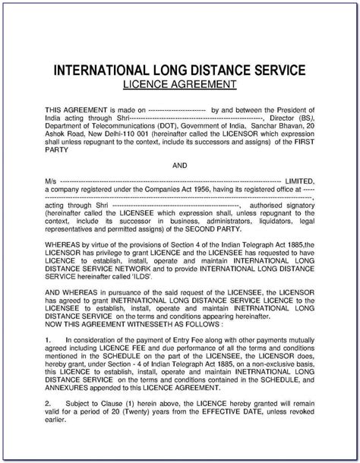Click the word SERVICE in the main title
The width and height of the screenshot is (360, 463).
(272, 70)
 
